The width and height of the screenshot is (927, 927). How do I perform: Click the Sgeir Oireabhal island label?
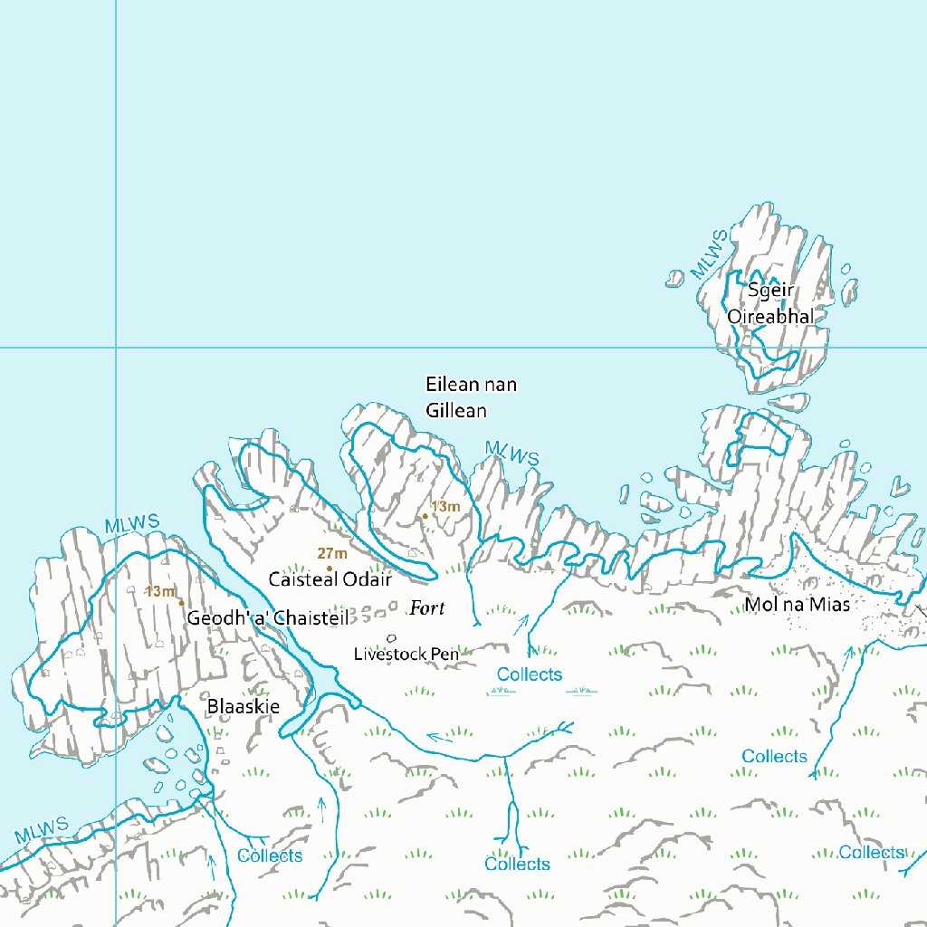pyautogui.click(x=770, y=303)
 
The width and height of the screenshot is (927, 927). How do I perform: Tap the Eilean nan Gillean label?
pyautogui.click(x=471, y=397)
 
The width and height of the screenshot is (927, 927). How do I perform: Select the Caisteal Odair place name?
pyautogui.click(x=330, y=578)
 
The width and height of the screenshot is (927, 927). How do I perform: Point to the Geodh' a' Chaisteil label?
pyautogui.click(x=267, y=618)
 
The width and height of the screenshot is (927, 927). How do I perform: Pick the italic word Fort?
pyautogui.click(x=427, y=608)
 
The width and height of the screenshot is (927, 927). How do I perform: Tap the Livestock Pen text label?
pyautogui.click(x=406, y=653)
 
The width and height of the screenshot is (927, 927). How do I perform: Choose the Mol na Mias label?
pyautogui.click(x=797, y=605)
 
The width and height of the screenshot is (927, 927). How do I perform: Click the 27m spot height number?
pyautogui.click(x=332, y=554)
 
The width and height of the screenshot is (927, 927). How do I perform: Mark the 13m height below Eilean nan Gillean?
pyautogui.click(x=445, y=507)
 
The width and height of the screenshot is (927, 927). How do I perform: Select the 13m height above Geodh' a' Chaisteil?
pyautogui.click(x=160, y=592)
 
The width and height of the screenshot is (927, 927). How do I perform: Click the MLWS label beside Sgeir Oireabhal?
pyautogui.click(x=709, y=254)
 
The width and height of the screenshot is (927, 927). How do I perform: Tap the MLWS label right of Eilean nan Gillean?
pyautogui.click(x=511, y=454)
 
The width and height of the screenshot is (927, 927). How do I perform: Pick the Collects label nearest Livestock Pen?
pyautogui.click(x=530, y=674)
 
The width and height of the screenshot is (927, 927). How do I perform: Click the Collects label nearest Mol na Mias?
pyautogui.click(x=774, y=756)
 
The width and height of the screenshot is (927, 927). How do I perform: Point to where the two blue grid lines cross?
pyautogui.click(x=116, y=347)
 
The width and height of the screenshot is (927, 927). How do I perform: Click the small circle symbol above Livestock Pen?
pyautogui.click(x=391, y=637)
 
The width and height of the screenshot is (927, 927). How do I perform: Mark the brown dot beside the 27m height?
pyautogui.click(x=329, y=569)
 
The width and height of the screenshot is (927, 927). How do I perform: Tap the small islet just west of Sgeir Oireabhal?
pyautogui.click(x=674, y=278)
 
